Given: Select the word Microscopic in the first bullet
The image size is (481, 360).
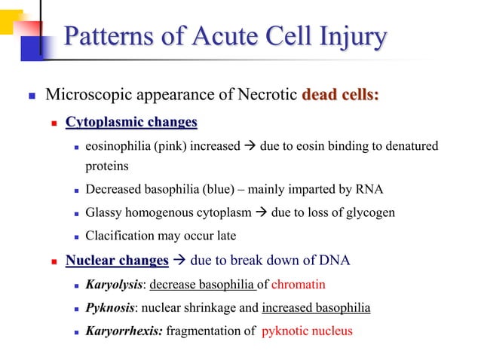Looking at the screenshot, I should pyautogui.click(x=85, y=96).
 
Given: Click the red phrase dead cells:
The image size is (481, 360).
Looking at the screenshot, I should pyautogui.click(x=340, y=96).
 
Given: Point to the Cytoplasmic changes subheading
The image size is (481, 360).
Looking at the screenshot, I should pyautogui.click(x=131, y=122).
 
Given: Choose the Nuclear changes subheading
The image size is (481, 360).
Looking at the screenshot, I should pyautogui.click(x=117, y=261).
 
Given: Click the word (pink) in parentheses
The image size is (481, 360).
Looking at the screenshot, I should pyautogui.click(x=173, y=145).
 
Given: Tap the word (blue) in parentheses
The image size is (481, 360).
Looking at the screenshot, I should pyautogui.click(x=197, y=189).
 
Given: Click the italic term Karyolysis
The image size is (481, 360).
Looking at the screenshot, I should pyautogui.click(x=114, y=285).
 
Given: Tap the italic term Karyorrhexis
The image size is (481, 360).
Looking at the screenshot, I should pyautogui.click(x=122, y=331).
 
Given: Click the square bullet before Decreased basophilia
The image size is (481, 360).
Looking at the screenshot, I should pyautogui.click(x=77, y=190).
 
